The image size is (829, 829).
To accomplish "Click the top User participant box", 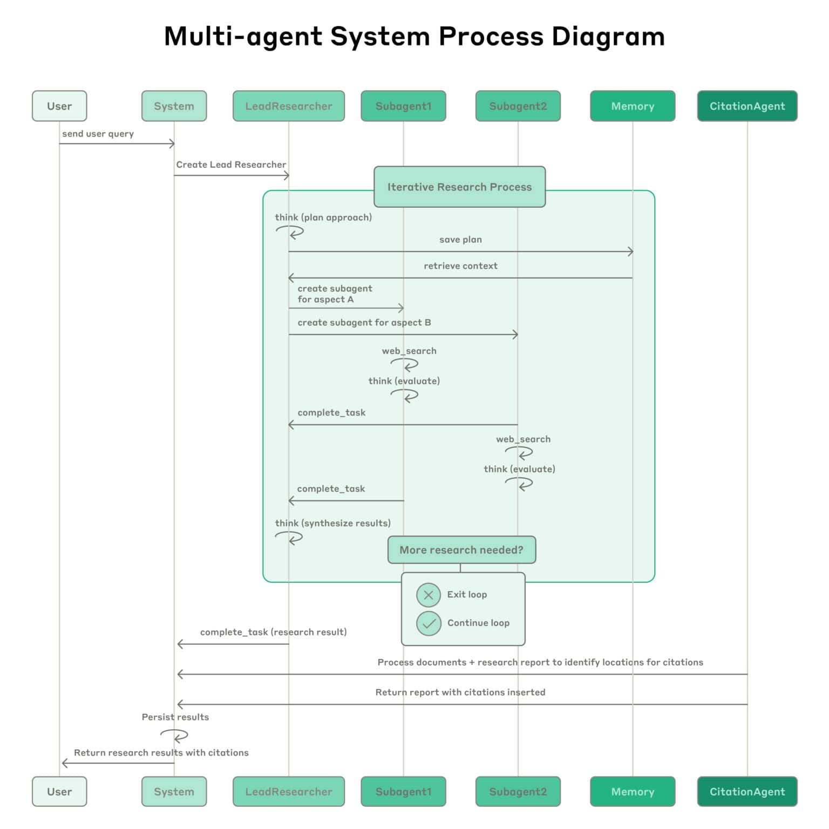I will (59, 106).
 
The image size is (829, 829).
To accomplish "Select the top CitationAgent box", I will (747, 106).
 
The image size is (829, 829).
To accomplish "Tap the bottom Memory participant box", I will (633, 791).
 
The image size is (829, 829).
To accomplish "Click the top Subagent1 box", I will (403, 106).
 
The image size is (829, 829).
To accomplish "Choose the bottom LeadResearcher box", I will (289, 791).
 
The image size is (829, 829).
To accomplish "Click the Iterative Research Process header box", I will (459, 187).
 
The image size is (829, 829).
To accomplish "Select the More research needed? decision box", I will (461, 549).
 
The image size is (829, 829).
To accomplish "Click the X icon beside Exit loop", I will (429, 595).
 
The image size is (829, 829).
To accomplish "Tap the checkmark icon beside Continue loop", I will (429, 623).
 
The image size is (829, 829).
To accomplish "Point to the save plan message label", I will (460, 240).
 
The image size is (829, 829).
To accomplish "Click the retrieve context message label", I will (460, 266).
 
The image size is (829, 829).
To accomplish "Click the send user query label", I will (98, 134).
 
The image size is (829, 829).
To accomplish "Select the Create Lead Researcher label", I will (231, 165).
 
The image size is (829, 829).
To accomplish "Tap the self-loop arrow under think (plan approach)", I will (290, 232).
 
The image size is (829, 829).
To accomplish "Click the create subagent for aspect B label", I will (364, 322).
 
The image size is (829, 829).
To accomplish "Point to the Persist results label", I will (175, 717).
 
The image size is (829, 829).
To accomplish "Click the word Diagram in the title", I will (608, 37).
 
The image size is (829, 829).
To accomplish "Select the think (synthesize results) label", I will (332, 523).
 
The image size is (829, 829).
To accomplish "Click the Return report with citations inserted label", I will (460, 692).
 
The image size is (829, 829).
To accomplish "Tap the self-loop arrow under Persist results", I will (174, 736).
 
